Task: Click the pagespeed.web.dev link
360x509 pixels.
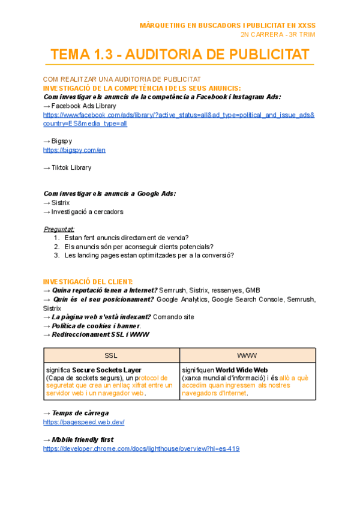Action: click(x=84, y=422)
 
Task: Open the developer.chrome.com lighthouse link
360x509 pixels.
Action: click(x=142, y=448)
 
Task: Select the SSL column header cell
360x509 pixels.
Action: click(x=111, y=355)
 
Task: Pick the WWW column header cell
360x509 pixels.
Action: click(x=247, y=355)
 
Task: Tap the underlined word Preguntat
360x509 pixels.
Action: click(x=59, y=229)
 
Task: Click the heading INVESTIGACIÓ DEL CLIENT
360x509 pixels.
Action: click(x=88, y=282)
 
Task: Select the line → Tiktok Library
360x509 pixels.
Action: click(x=67, y=167)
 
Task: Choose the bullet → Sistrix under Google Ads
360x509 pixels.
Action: click(x=57, y=203)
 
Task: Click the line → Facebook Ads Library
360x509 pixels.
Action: click(x=80, y=106)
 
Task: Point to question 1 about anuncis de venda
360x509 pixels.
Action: click(x=126, y=238)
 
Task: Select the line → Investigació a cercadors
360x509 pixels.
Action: click(x=83, y=211)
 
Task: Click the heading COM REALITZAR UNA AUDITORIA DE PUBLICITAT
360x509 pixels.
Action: click(x=122, y=79)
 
